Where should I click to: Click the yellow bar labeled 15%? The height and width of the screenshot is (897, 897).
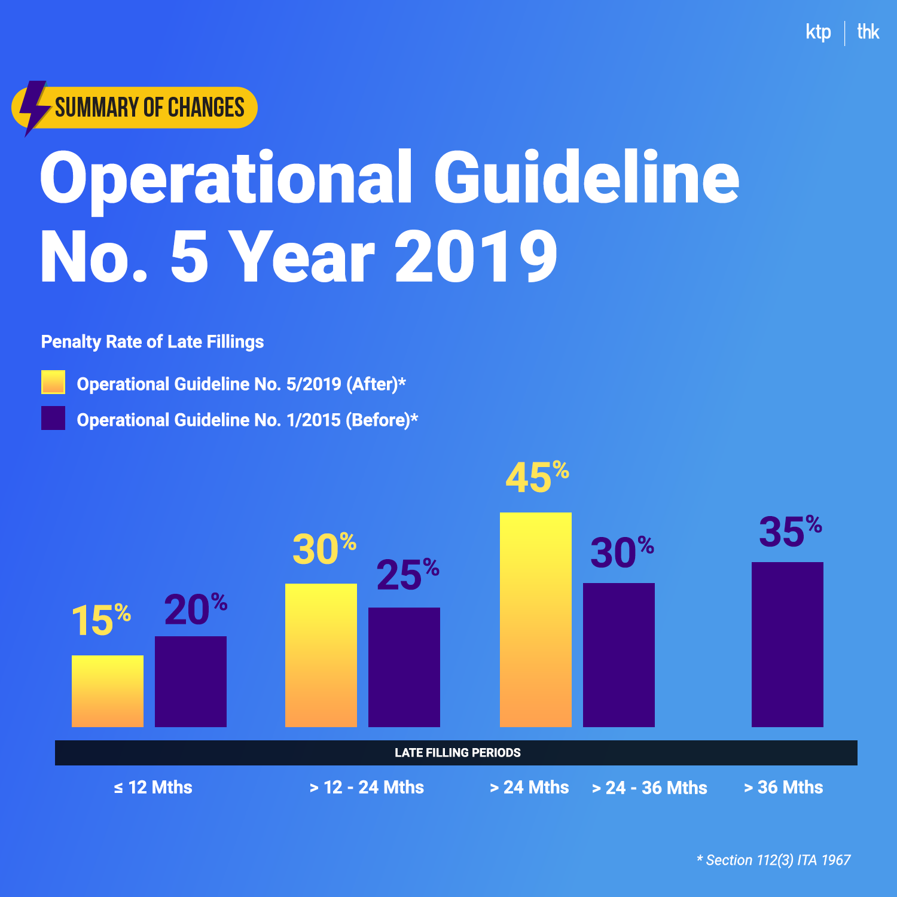[x=108, y=691]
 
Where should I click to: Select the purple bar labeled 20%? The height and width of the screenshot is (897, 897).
[x=191, y=682]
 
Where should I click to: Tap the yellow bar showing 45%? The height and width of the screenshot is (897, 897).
[x=535, y=620]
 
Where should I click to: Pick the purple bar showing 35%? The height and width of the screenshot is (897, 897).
[x=787, y=645]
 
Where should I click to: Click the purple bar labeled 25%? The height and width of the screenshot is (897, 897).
[x=404, y=667]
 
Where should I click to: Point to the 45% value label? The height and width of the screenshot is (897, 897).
[x=536, y=478]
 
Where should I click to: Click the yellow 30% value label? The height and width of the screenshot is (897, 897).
[x=324, y=549]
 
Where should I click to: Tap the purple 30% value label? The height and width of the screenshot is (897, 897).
[x=621, y=552]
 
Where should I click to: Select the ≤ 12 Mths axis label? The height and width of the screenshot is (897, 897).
[x=153, y=787]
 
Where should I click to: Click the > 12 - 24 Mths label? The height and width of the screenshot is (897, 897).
[x=367, y=787]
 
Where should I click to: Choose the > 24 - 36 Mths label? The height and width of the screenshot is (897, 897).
[x=649, y=788]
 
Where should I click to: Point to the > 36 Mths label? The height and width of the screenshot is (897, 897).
[x=783, y=787]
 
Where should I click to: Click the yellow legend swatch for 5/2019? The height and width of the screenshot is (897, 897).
[x=53, y=382]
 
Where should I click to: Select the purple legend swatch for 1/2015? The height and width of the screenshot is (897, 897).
[x=53, y=418]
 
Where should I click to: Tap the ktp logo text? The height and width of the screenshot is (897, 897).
[x=818, y=32]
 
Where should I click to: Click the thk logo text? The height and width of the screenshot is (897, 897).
[x=868, y=31]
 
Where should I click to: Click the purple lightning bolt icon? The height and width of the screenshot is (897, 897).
[x=33, y=108]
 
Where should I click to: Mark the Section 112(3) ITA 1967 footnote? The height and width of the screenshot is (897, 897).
[x=774, y=860]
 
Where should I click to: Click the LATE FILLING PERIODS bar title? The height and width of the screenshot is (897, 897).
[x=457, y=753]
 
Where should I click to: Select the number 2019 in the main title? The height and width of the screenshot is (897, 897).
[x=476, y=257]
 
